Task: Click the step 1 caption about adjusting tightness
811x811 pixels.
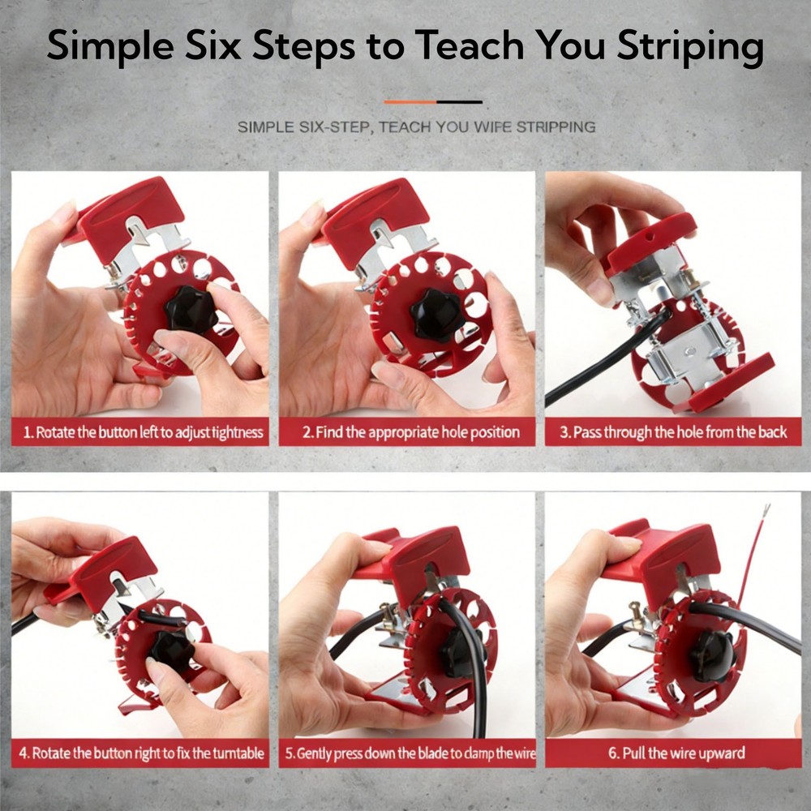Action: pyautogui.click(x=143, y=432)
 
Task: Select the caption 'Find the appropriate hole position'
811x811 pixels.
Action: pyautogui.click(x=410, y=432)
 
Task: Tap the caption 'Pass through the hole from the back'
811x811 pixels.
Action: pyautogui.click(x=673, y=432)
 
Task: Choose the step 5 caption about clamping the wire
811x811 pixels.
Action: pyautogui.click(x=410, y=753)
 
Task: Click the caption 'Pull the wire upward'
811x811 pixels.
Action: pyautogui.click(x=673, y=753)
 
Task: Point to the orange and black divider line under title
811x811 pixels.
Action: pyautogui.click(x=432, y=102)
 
